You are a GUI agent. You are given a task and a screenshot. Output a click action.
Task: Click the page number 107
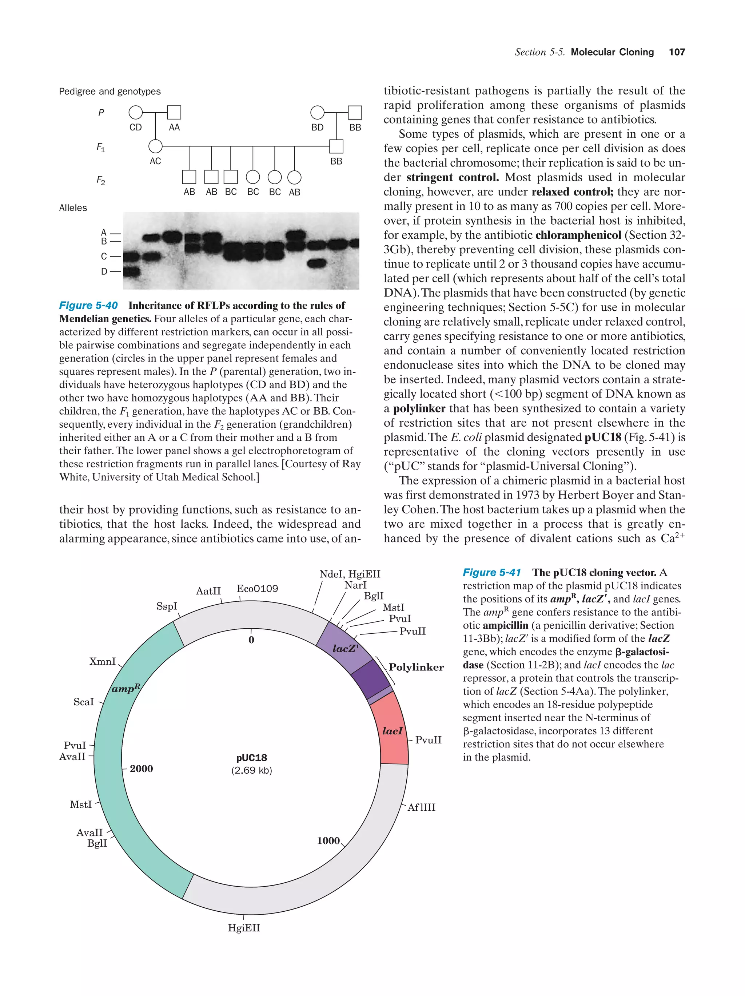677,52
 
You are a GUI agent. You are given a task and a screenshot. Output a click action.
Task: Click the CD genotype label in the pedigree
135,128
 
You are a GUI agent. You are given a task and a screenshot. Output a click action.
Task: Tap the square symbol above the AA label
174,112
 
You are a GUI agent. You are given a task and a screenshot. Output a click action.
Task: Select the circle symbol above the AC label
155,146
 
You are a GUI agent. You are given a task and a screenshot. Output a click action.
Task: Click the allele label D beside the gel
104,271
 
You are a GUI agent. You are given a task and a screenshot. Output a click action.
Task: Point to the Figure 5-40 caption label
88,305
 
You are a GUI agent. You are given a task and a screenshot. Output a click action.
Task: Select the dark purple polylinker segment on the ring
370,680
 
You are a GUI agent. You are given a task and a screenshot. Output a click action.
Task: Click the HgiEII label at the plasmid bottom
244,928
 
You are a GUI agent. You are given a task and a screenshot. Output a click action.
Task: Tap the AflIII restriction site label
421,807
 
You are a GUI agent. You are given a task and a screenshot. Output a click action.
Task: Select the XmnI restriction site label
102,661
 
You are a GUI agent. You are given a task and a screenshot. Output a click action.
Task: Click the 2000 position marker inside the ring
141,769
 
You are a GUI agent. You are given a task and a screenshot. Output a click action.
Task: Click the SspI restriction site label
167,606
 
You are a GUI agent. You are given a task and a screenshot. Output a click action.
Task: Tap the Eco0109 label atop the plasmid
257,589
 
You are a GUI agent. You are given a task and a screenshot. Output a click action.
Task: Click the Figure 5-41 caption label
492,572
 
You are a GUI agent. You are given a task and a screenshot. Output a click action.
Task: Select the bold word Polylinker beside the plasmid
416,667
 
